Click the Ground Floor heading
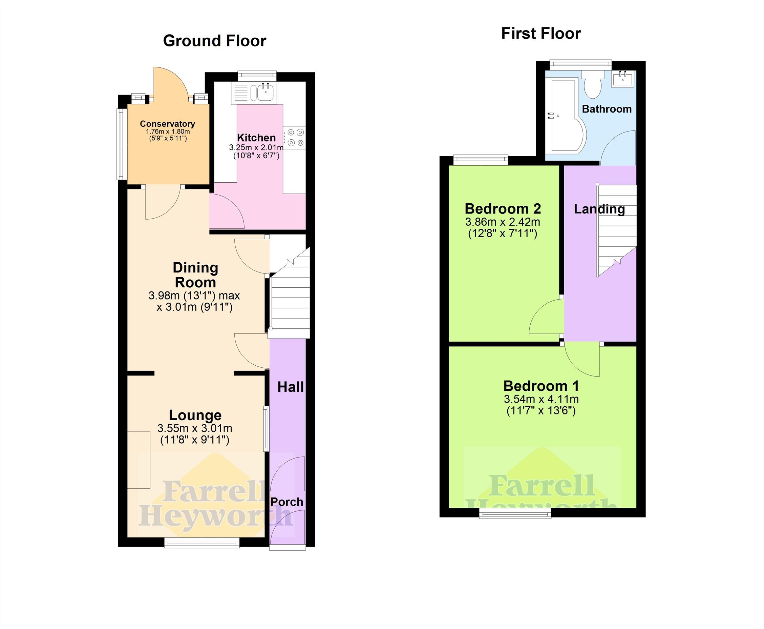pyautogui.click(x=214, y=41)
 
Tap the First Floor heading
pyautogui.click(x=541, y=34)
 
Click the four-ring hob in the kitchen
pyautogui.click(x=294, y=138)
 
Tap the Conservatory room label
pyautogui.click(x=168, y=124)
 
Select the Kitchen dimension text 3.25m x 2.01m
pyautogui.click(x=256, y=147)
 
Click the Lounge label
pyautogui.click(x=195, y=415)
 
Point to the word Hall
pyautogui.click(x=290, y=387)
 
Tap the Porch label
pyautogui.click(x=287, y=502)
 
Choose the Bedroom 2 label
pyautogui.click(x=503, y=209)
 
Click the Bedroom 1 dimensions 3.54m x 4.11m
pyautogui.click(x=541, y=399)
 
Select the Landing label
pyautogui.click(x=599, y=209)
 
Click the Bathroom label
pyautogui.click(x=607, y=109)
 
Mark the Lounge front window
pyautogui.click(x=202, y=542)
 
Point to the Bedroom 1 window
pyautogui.click(x=515, y=512)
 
